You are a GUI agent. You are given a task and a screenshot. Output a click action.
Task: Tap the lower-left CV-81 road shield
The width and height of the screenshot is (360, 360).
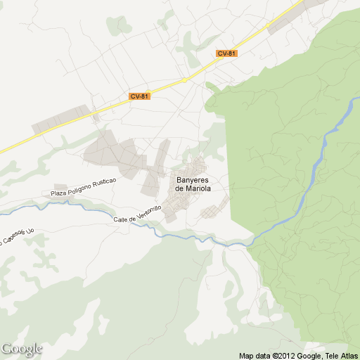point(140,96)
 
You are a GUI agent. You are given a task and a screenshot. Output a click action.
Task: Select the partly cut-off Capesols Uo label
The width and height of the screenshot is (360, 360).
point(15,235)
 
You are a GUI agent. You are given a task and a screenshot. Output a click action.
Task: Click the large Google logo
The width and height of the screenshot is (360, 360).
point(22,349)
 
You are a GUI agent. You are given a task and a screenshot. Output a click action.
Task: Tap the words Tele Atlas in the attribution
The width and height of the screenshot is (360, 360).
point(342,356)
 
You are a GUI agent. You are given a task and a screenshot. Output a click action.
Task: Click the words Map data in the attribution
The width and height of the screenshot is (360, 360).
point(254,356)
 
